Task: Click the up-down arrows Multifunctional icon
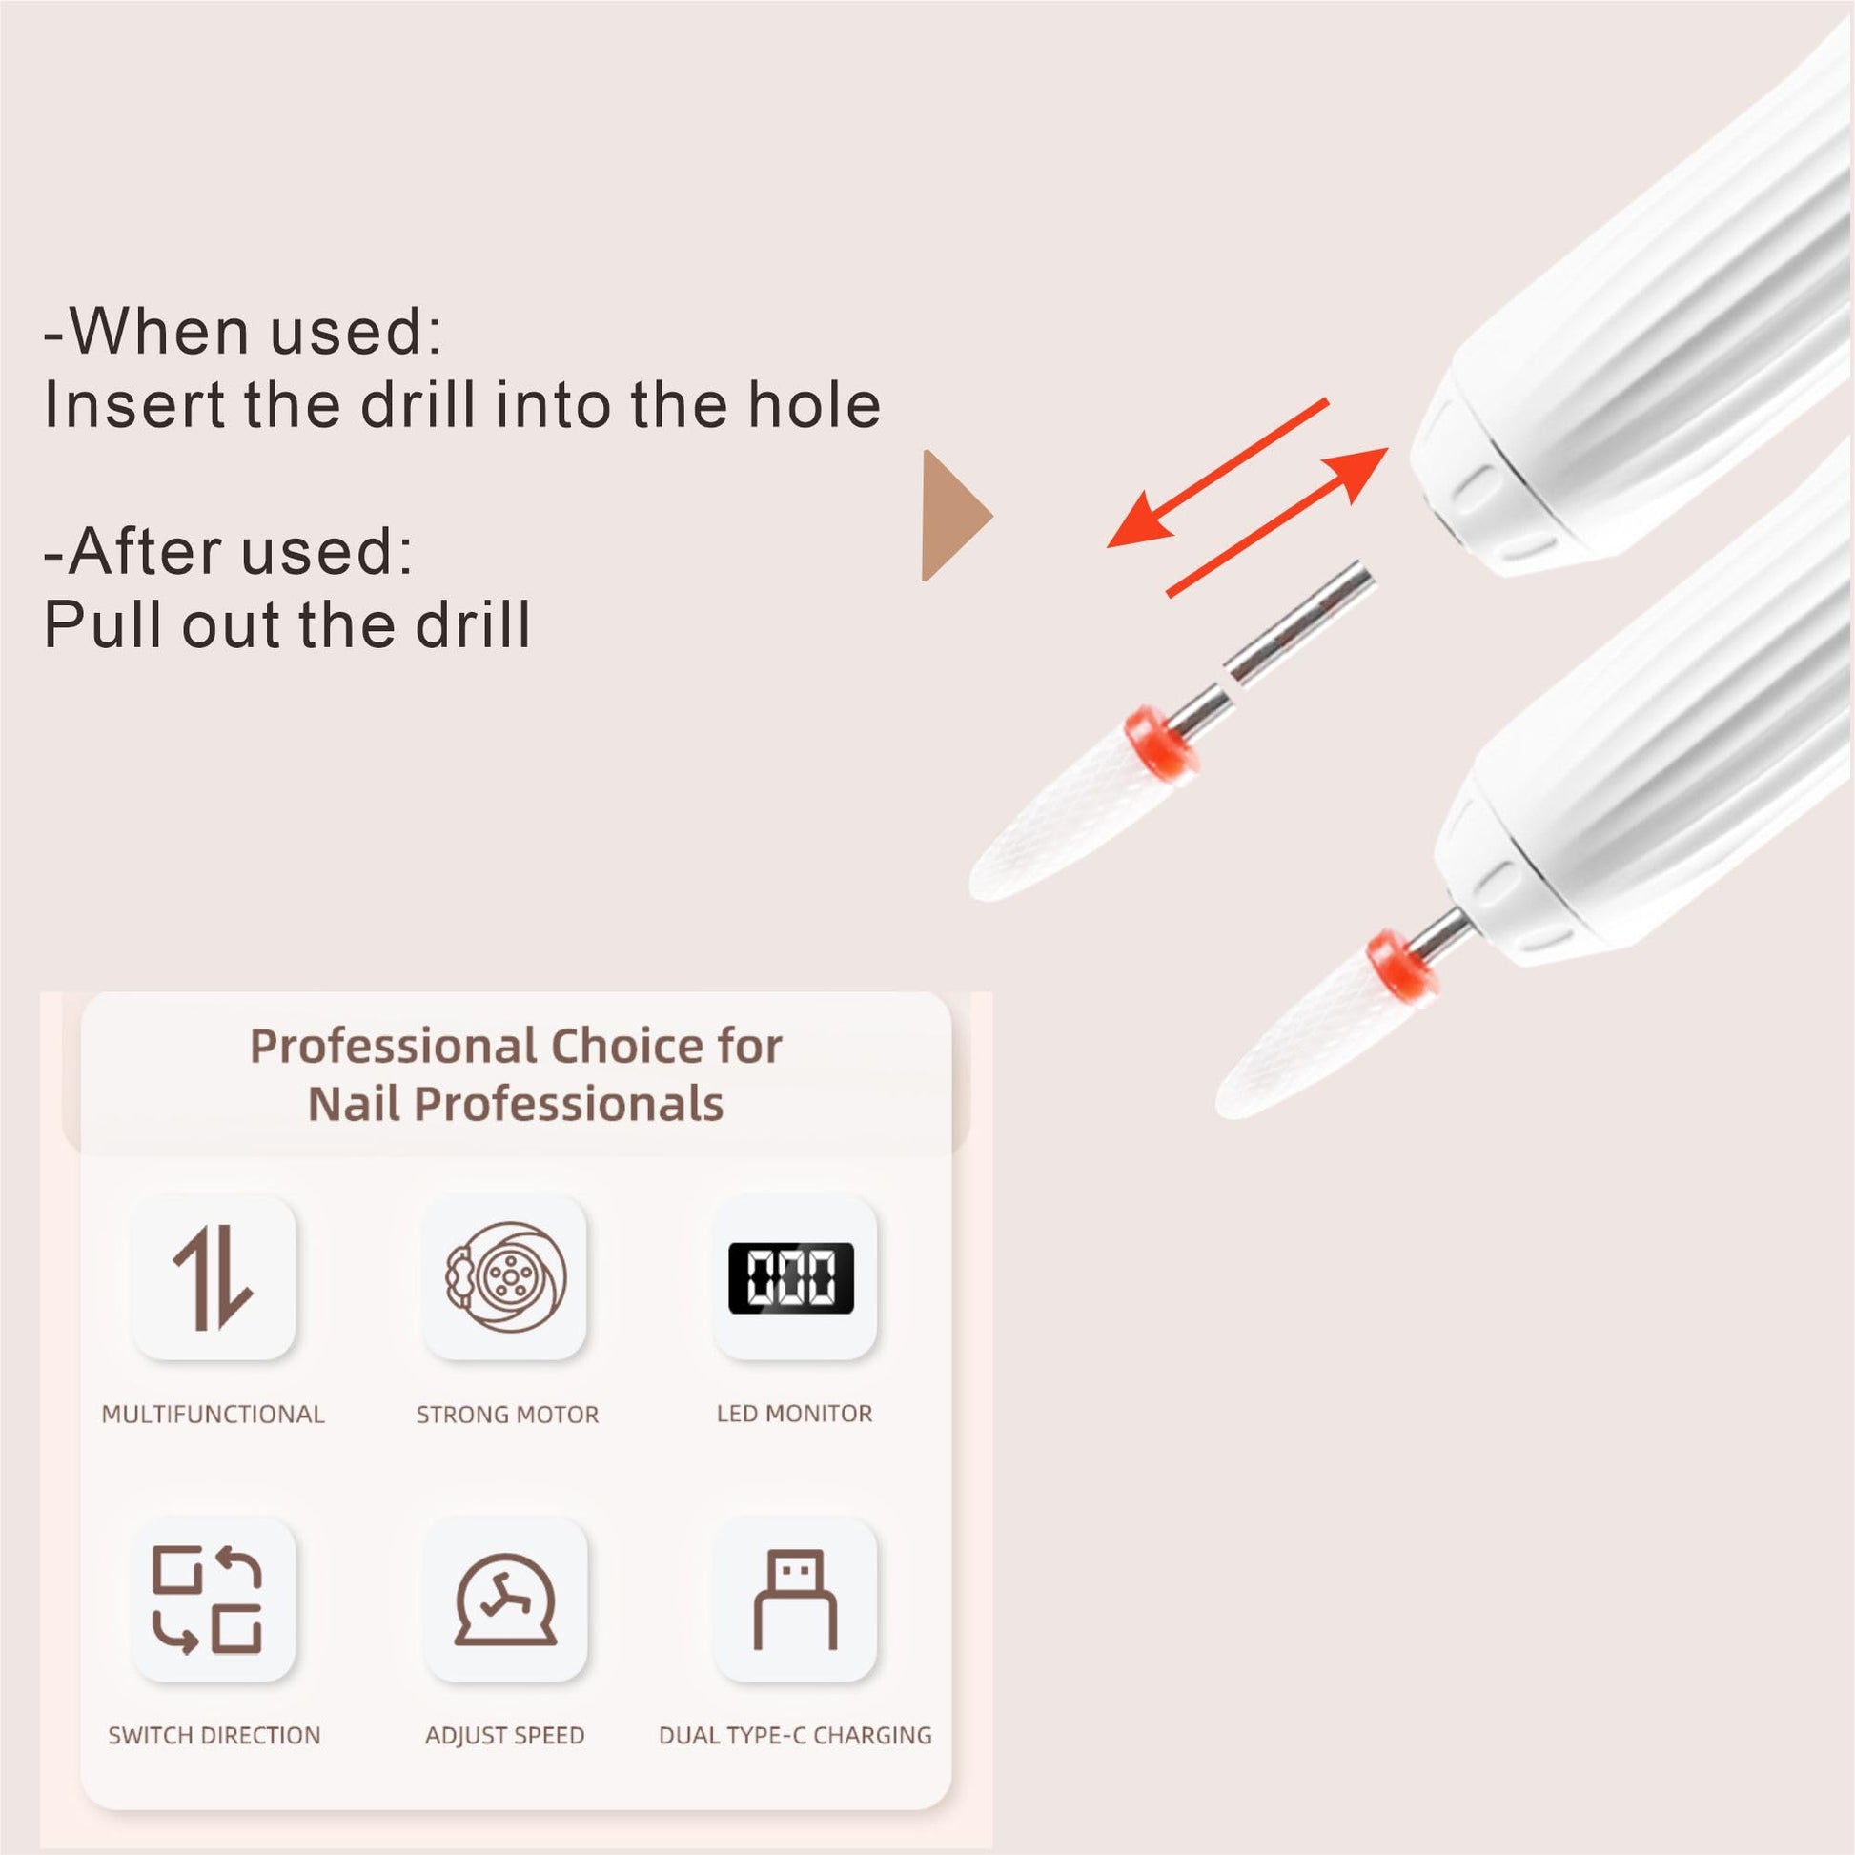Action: (x=213, y=1280)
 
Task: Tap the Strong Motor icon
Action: (x=506, y=1277)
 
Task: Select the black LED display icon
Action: (x=791, y=1278)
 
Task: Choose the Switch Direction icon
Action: (x=208, y=1600)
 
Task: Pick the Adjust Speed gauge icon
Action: (x=506, y=1600)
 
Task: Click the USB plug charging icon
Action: (x=795, y=1599)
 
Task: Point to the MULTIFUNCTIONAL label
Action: (x=214, y=1415)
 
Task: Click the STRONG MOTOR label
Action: (x=507, y=1415)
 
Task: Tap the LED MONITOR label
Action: (x=794, y=1414)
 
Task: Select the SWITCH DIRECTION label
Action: (x=214, y=1735)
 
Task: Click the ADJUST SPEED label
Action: (x=505, y=1735)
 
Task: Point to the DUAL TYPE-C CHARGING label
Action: (x=795, y=1735)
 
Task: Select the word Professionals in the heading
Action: (x=568, y=1104)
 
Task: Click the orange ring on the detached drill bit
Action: (x=1162, y=741)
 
